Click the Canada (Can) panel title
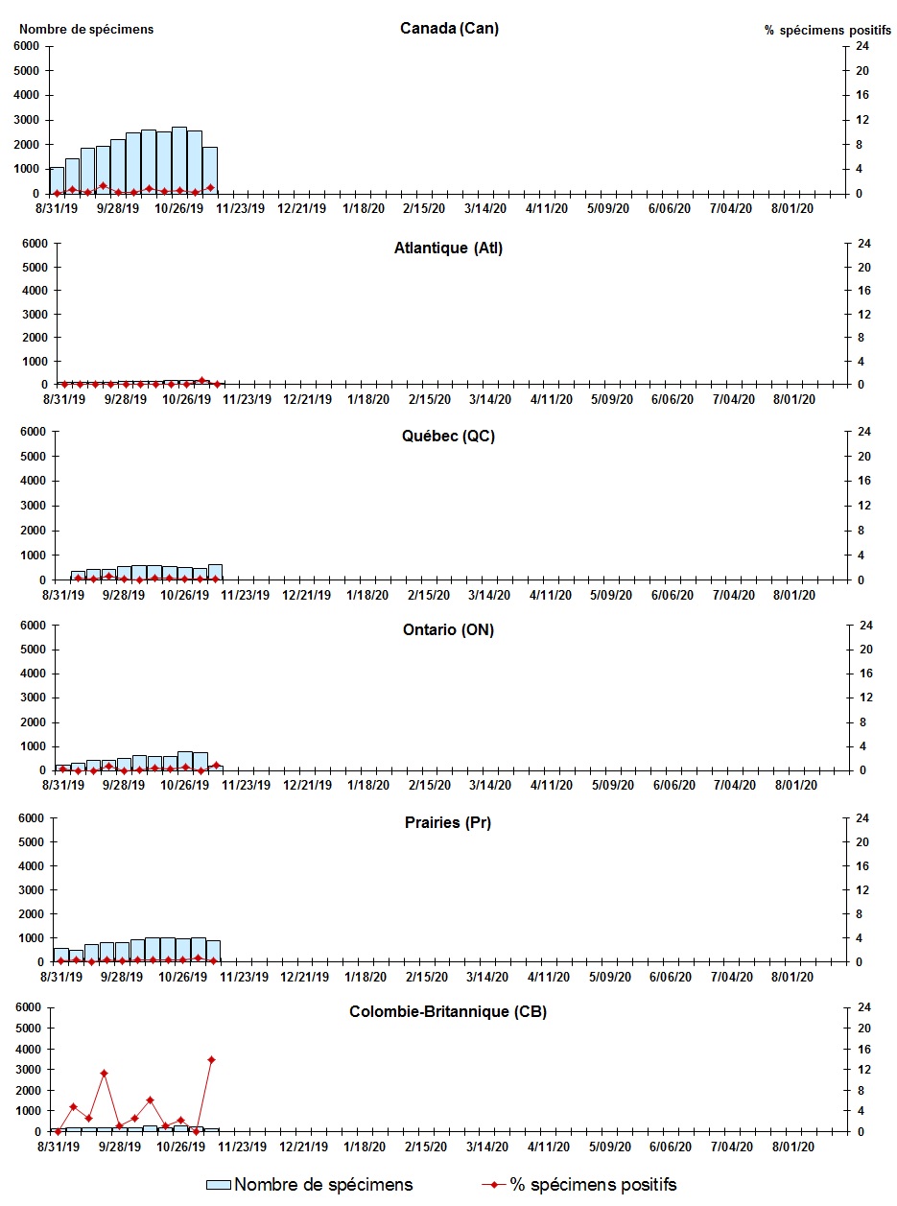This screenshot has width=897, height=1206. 449,28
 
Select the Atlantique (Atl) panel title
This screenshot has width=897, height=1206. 448,248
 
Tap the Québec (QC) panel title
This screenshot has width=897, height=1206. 448,436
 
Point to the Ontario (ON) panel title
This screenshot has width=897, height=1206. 449,629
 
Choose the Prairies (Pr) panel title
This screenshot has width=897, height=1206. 448,822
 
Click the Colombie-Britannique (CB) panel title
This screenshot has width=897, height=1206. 448,1011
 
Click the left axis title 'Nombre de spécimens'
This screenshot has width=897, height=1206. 86,29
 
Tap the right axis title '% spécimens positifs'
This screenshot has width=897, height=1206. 827,30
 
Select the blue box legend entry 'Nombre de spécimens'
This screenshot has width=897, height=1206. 309,1185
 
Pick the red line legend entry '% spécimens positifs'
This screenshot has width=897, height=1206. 579,1185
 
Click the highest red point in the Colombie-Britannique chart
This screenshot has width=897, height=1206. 211,1059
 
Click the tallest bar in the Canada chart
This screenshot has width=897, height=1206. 179,159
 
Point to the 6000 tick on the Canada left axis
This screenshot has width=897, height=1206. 27,46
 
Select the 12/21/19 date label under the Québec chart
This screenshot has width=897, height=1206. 306,595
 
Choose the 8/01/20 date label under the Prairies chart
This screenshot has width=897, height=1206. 794,977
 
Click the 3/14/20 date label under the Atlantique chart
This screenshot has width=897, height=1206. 488,399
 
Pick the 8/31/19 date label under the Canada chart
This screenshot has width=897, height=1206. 57,208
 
